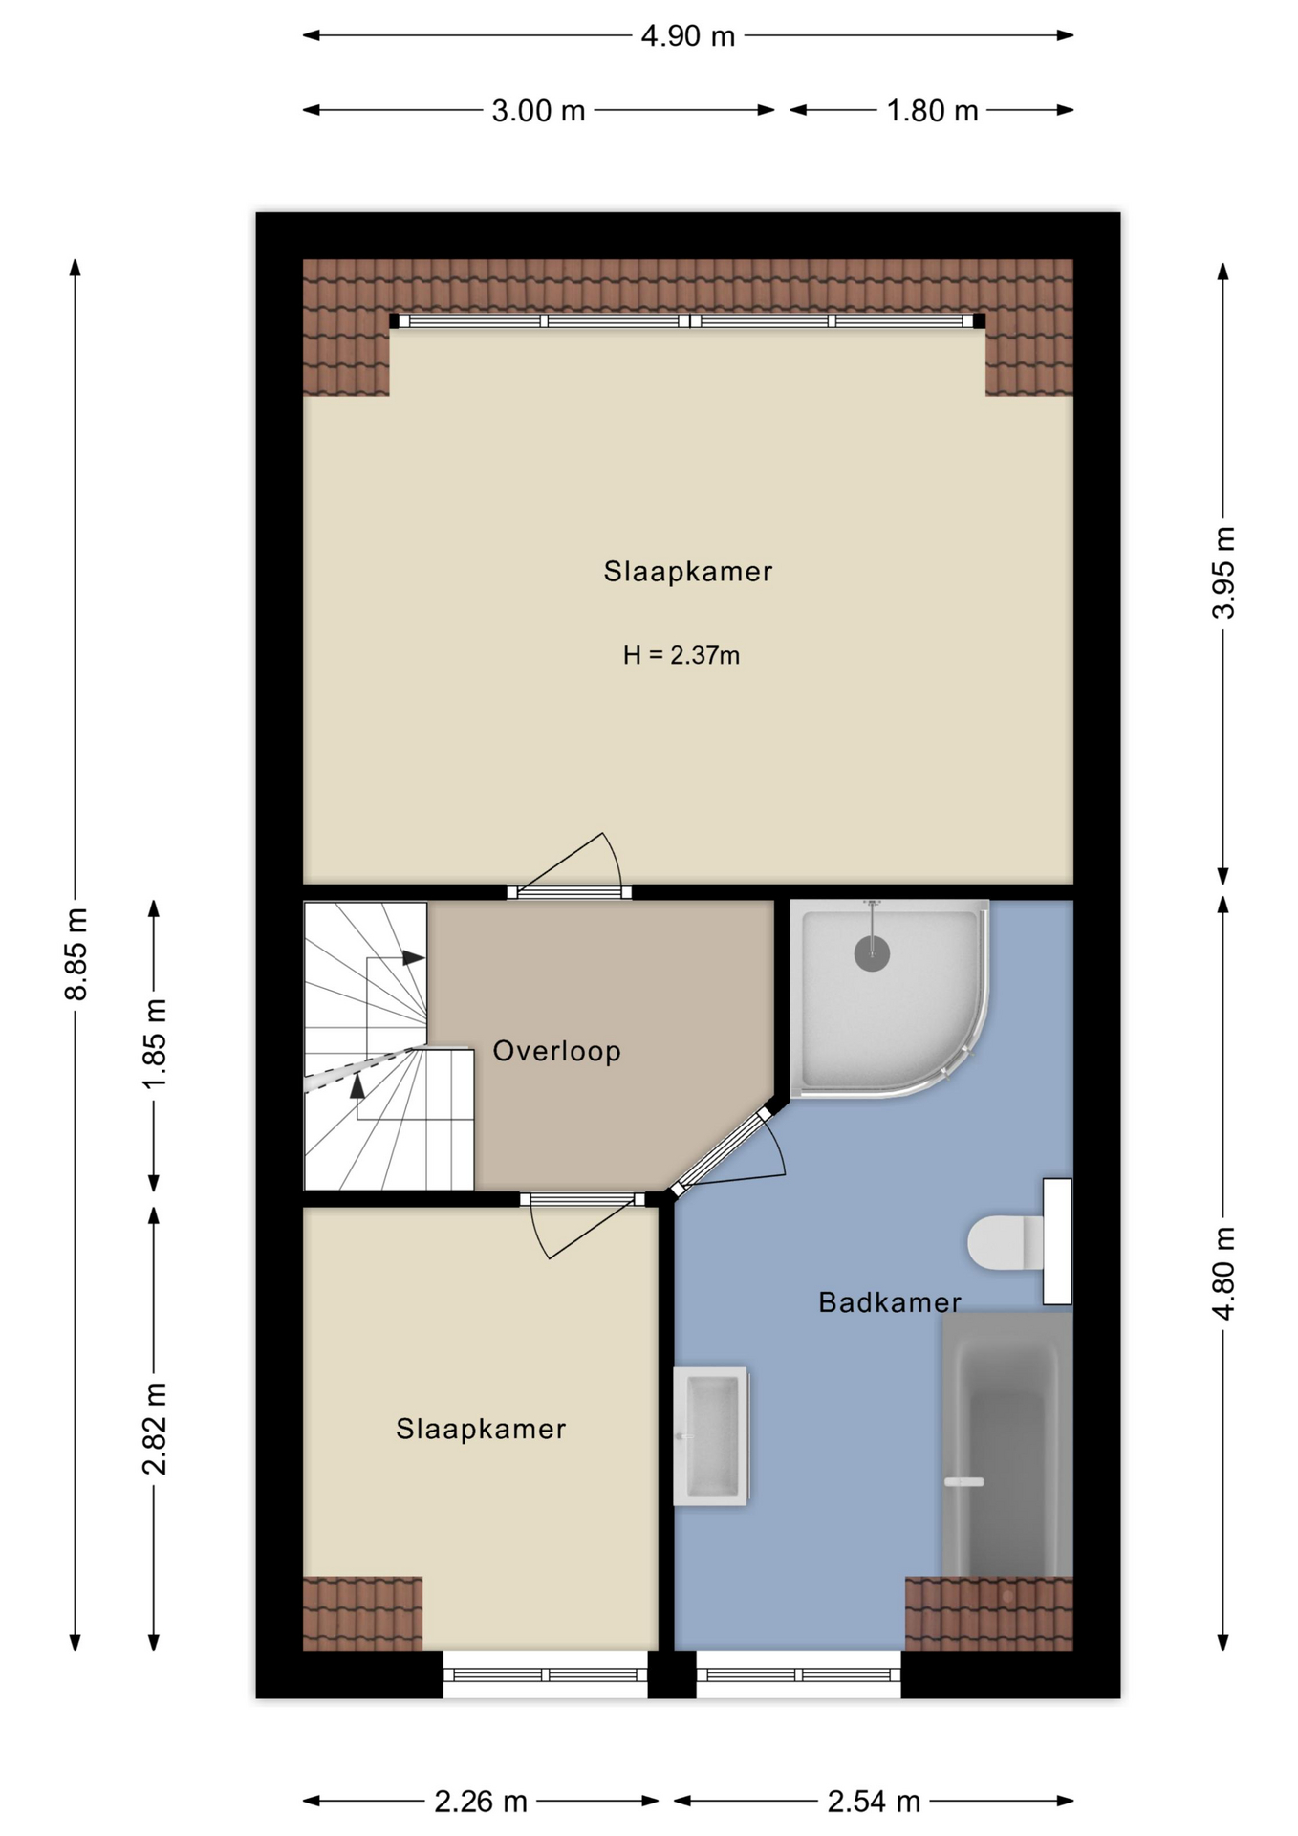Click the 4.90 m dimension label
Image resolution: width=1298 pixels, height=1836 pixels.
click(687, 36)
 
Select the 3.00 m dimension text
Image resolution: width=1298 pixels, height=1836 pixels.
click(538, 111)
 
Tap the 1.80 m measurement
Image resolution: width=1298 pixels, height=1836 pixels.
click(932, 111)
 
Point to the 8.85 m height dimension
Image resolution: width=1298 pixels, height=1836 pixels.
click(76, 953)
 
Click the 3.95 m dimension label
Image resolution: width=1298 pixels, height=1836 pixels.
click(1223, 572)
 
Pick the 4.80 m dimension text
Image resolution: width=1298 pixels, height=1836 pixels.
click(1223, 1273)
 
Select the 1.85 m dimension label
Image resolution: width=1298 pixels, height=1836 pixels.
click(155, 1043)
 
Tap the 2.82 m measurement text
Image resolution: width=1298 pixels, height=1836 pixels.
click(155, 1428)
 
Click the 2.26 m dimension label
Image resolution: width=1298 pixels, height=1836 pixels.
click(481, 1802)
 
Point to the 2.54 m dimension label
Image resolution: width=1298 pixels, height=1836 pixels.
click(874, 1802)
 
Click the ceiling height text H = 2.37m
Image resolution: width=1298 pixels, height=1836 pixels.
click(681, 655)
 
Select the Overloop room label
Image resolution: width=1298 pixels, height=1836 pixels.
click(557, 1051)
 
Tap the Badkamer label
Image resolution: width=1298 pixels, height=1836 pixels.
click(890, 1301)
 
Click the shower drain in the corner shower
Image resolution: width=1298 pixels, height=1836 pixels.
click(872, 953)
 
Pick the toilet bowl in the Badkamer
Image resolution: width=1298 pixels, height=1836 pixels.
click(1005, 1242)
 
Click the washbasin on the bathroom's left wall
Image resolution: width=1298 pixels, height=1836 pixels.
click(711, 1436)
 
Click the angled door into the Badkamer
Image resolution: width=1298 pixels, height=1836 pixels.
click(720, 1151)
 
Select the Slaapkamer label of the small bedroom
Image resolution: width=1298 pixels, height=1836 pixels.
click(481, 1429)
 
